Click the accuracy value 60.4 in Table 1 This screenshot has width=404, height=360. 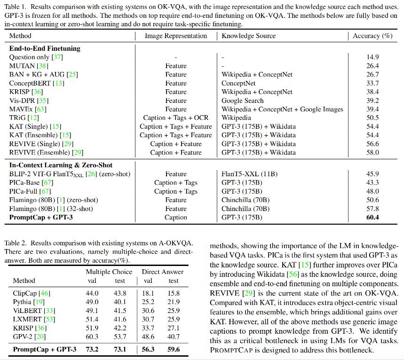coord(373,218)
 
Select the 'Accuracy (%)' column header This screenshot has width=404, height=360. coord(372,36)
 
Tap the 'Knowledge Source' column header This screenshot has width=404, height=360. coord(249,36)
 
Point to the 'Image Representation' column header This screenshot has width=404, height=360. coord(176,36)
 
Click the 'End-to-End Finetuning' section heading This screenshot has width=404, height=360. coord(45,48)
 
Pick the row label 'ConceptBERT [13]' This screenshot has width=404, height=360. coord(37,83)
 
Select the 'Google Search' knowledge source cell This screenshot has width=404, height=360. coord(243,101)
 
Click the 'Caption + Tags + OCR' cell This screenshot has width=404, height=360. coord(176,118)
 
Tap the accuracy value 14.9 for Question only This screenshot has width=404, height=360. coord(373,57)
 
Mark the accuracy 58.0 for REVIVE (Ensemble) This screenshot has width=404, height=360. coord(373,152)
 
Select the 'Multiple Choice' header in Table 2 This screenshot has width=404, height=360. coord(109,272)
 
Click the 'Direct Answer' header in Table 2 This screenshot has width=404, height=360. coord(163,272)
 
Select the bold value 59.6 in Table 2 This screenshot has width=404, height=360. coord(174,349)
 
